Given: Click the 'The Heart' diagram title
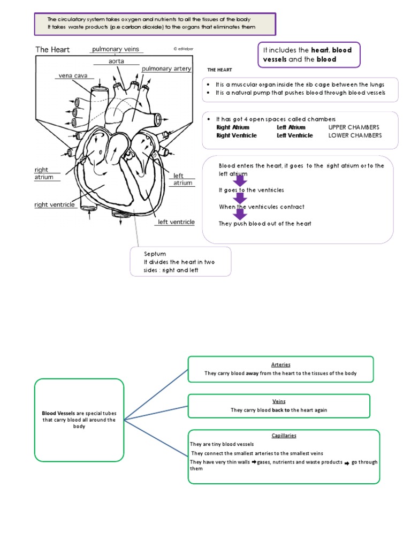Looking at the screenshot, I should [x=52, y=50].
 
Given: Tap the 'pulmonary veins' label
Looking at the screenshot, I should [x=115, y=49].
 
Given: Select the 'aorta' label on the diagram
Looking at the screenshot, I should [x=116, y=62].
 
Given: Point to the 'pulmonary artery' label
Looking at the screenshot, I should [x=166, y=68].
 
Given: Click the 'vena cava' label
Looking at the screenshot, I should [x=71, y=76].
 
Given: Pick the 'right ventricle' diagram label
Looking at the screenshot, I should [x=55, y=204].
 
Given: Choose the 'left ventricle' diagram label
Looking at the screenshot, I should [x=176, y=222].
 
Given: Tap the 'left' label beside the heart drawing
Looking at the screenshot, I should [x=178, y=176].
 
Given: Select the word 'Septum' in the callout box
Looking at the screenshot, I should [x=155, y=254].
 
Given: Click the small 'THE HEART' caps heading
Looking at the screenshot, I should [x=219, y=70].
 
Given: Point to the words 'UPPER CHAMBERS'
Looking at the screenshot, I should [x=355, y=127].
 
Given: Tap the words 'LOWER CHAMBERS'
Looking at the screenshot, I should [x=355, y=135].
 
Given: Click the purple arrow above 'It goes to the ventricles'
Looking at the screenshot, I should [x=240, y=180].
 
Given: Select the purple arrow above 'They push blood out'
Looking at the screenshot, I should [x=240, y=214].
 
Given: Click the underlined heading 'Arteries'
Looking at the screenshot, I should [x=280, y=364].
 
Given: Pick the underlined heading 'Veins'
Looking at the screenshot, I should [x=279, y=401].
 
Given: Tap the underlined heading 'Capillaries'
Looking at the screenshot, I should [x=284, y=436].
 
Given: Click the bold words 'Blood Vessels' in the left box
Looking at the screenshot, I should [x=59, y=413].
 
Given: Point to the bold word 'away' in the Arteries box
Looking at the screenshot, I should [x=252, y=374].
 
